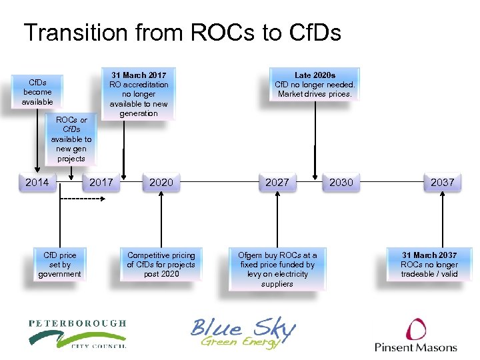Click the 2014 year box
37,182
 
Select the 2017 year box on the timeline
101,182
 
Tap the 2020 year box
161,182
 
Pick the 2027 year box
277,182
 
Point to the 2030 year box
341,182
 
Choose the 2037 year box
442,182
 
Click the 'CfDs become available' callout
37,92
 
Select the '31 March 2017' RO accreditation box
139,94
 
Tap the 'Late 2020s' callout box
315,85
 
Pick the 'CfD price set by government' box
59,265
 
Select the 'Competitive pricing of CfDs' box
161,265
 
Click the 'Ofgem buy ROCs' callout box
277,269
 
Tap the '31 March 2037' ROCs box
429,265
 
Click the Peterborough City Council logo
77,333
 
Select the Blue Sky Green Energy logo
243,332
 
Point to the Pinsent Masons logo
416,335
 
